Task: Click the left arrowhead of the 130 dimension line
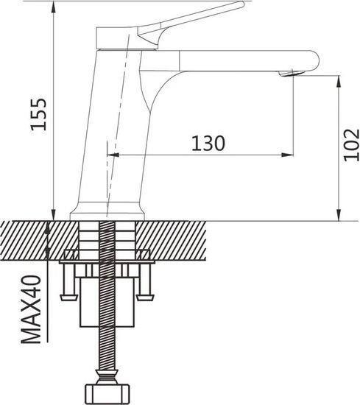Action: point(113,155)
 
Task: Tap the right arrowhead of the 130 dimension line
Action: point(289,155)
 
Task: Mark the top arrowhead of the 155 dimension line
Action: point(54,6)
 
